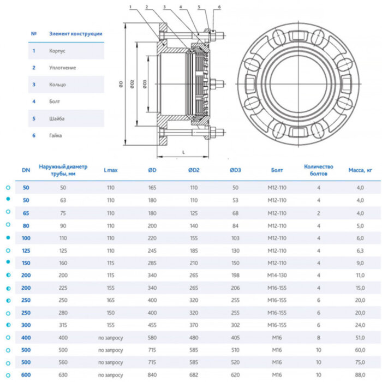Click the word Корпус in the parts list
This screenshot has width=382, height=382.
pos(57,51)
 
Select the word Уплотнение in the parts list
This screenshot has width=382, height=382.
pos(63,68)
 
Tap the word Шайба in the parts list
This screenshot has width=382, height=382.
pos(57,118)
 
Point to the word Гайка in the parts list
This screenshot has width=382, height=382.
pos(56,135)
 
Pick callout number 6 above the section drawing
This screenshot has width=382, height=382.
pos(219,7)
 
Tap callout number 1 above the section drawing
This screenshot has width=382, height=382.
pos(132,7)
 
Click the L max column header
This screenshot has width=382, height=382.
pos(111,170)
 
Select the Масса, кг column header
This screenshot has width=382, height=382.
pos(360,170)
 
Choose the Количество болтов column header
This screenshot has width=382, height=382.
pos(318,170)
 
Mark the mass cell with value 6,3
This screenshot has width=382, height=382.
pos(360,251)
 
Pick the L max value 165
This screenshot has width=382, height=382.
pos(111,301)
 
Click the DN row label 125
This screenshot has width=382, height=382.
pos(26,251)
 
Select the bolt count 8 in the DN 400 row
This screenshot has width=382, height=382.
pos(319,338)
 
